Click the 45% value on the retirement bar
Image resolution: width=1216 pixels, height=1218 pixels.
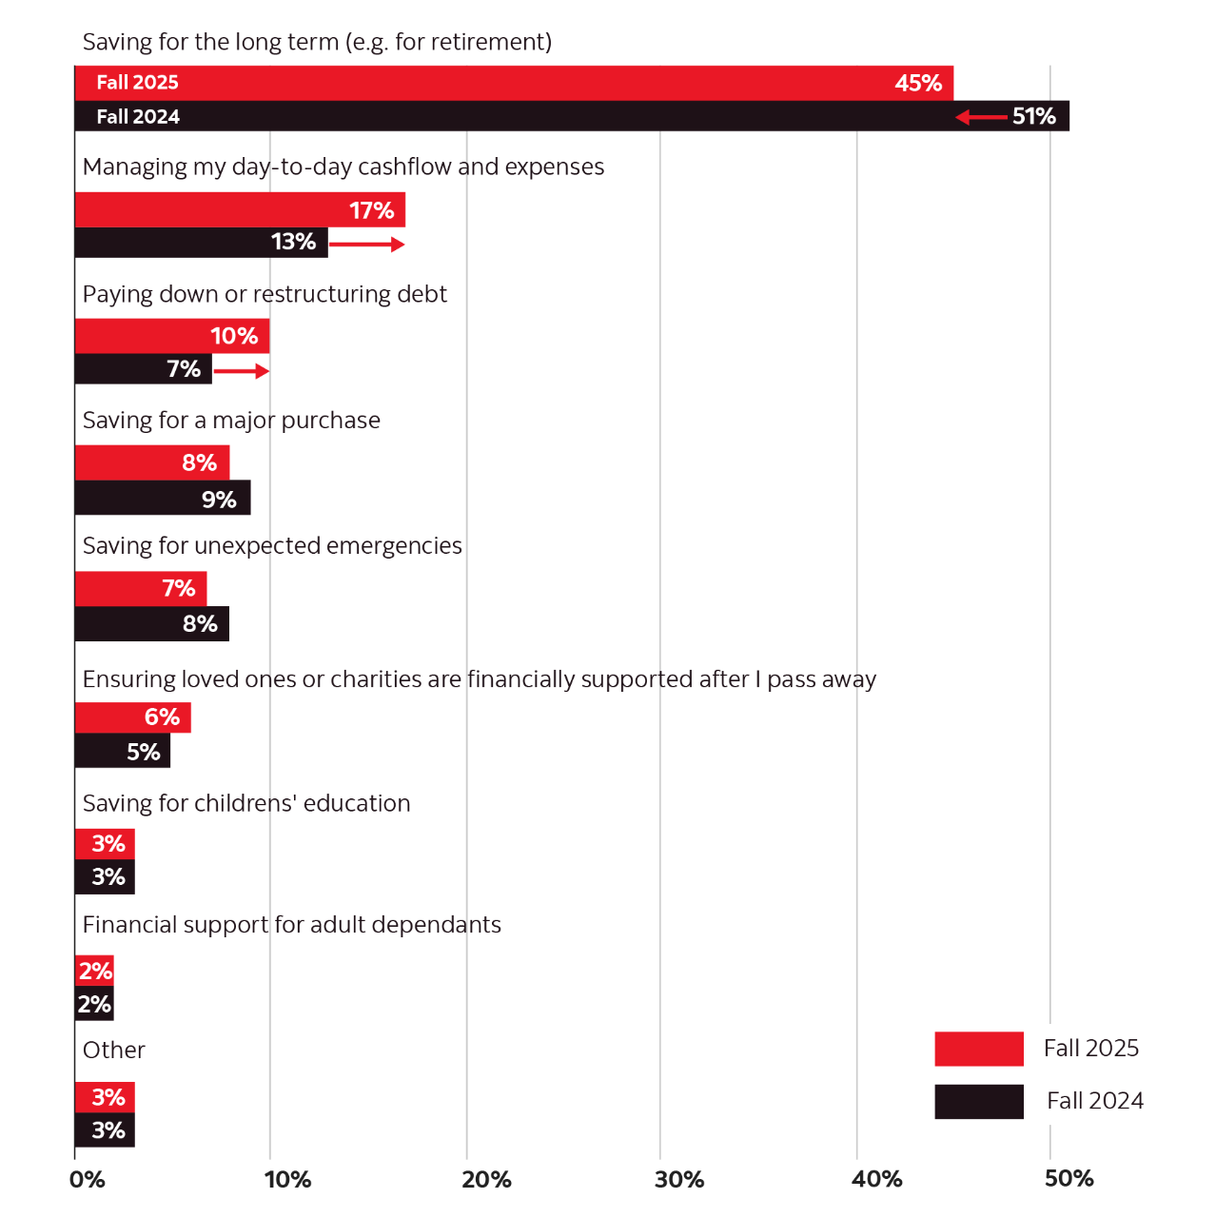point(917,83)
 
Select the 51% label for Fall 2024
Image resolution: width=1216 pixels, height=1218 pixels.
point(1033,116)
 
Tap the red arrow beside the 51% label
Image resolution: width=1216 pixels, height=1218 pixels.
point(981,117)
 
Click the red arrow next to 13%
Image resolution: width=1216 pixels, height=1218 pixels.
point(367,245)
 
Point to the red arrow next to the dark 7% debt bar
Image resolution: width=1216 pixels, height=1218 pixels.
point(242,371)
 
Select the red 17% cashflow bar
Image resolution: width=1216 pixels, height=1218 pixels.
point(241,209)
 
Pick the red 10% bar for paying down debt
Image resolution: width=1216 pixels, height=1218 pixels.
point(172,336)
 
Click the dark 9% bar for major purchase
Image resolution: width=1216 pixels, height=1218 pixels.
point(163,499)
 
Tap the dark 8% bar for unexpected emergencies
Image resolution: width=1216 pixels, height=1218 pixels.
point(152,624)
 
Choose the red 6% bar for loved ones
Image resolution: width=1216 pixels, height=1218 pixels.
point(133,717)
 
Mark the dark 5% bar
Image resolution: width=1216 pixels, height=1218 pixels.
point(123,752)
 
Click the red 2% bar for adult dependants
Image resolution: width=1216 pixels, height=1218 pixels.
point(95,971)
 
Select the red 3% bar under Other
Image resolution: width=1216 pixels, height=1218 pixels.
point(105,1097)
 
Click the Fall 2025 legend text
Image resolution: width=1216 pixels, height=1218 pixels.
point(1090,1049)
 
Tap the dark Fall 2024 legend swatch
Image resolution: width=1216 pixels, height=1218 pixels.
point(978,1102)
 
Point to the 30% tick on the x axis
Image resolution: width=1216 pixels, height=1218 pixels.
point(679,1180)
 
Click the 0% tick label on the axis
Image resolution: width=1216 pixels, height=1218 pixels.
point(87,1180)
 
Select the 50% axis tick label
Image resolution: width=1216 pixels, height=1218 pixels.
point(1069,1179)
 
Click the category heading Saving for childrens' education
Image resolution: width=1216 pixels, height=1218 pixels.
point(246,804)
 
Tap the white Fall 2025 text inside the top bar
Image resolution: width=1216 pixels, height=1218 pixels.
point(137,83)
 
